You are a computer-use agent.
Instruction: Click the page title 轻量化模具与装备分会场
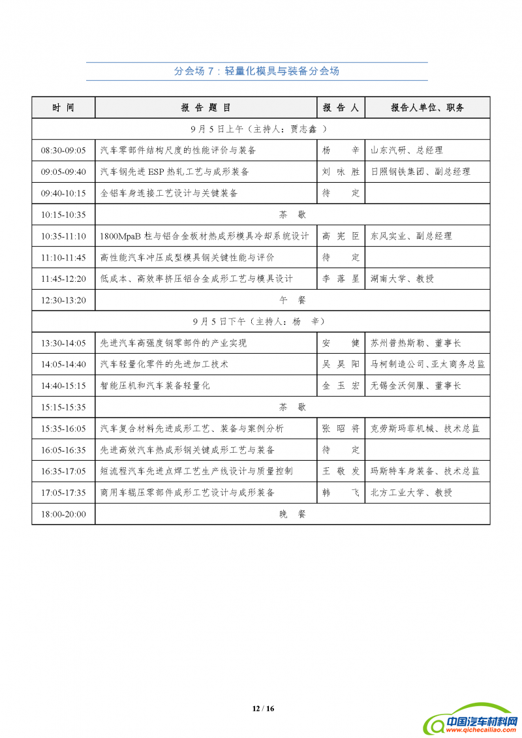pos(256,71)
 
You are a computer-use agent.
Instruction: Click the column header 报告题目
pos(206,108)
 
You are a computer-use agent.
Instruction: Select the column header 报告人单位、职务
pos(427,108)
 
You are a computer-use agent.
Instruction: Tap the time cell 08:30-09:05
pos(63,150)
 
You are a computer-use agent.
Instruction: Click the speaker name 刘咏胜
pos(341,172)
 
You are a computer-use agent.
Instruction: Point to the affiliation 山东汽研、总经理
pos(407,150)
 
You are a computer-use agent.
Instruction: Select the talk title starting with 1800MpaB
pos(204,236)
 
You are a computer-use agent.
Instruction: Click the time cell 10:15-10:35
pos(63,214)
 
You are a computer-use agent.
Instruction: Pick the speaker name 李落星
pos(341,279)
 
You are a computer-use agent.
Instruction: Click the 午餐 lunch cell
pos(292,300)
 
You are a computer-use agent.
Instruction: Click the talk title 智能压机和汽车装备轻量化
pos(155,386)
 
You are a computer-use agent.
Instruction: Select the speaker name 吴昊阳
pos(341,364)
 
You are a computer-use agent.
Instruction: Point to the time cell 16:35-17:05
pos(63,471)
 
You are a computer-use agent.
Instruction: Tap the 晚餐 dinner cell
pos(292,514)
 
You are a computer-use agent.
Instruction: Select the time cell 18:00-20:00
pos(63,514)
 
